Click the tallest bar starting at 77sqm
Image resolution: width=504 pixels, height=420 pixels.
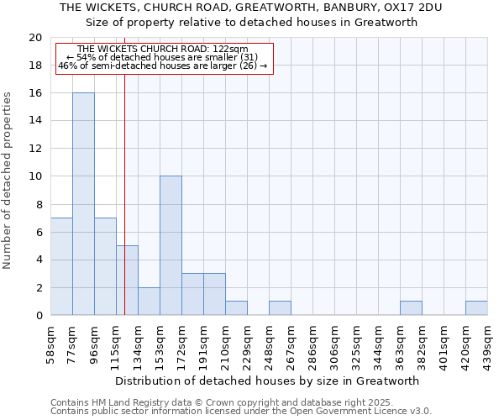tap(83, 204)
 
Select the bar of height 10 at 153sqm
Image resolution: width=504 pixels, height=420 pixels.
tap(171, 246)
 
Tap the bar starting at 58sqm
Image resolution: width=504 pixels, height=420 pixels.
tap(61, 266)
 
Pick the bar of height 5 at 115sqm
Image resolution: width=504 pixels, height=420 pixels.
tap(127, 281)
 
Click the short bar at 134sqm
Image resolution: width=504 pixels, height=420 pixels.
tap(149, 302)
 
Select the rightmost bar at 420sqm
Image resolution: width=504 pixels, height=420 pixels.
tap(476, 308)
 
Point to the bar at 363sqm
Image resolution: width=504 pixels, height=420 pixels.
tap(411, 308)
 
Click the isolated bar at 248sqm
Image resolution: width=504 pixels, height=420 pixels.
tap(280, 308)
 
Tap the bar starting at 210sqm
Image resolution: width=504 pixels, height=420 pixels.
tap(236, 308)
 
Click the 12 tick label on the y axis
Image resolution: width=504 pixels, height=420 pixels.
tap(34, 149)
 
